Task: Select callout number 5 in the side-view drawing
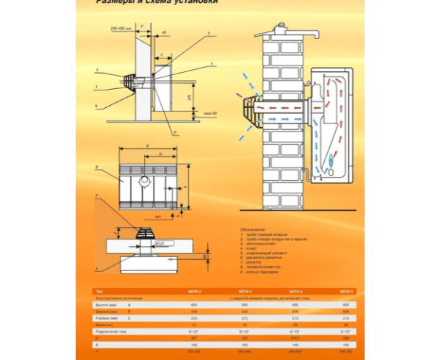click(x=209, y=34)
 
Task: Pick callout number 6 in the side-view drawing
click(x=96, y=106)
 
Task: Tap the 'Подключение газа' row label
click(x=109, y=332)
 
